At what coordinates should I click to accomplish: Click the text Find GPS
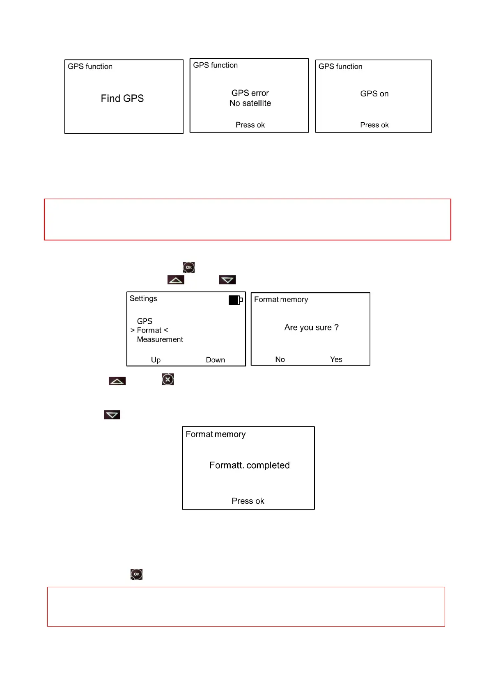point(122,98)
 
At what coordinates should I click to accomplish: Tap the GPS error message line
point(250,93)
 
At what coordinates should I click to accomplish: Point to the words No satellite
point(250,103)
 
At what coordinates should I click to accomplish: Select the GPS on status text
point(374,94)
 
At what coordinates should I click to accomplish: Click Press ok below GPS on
point(374,125)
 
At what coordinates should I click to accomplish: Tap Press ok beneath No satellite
point(250,125)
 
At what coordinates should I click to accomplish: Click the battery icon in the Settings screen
point(235,300)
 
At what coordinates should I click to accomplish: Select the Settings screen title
point(143,299)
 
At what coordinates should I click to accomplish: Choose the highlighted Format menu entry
point(149,330)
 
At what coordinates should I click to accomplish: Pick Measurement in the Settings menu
point(160,340)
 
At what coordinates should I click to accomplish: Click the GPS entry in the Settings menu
point(145,321)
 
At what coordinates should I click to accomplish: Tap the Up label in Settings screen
point(156,360)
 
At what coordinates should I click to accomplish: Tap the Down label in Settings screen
point(215,360)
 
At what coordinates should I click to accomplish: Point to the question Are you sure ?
point(311,327)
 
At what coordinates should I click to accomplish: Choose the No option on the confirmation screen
point(280,359)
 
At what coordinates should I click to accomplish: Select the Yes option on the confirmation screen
point(336,359)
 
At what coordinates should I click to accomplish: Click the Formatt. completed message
point(249,465)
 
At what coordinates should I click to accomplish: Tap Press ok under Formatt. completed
point(248,501)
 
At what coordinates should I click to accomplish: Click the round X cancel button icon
point(168,380)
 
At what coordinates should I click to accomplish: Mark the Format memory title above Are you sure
point(281,300)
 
